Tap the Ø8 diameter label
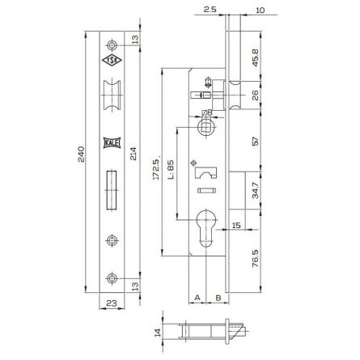click(x=206, y=113)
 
